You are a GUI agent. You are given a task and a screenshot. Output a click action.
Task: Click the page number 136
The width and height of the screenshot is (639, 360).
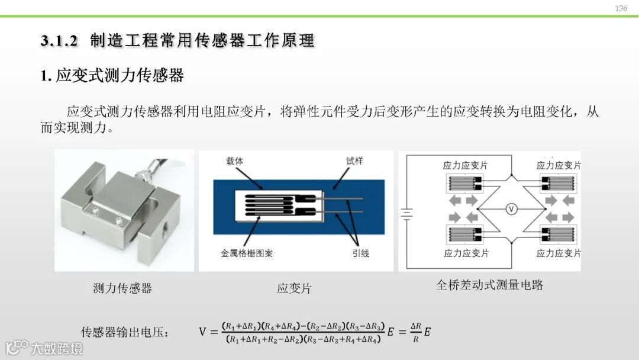pos(621,8)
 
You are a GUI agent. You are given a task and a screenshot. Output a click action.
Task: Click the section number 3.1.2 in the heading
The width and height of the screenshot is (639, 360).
pos(59,41)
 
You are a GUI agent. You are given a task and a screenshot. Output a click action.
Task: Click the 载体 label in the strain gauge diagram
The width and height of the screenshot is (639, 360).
pos(235,161)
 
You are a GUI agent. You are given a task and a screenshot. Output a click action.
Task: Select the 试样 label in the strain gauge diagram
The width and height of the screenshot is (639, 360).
pos(354,161)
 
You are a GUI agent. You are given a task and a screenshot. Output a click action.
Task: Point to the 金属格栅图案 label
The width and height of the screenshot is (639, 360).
pos(247,253)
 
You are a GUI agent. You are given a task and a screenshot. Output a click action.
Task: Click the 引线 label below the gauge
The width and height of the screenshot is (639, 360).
pos(361,253)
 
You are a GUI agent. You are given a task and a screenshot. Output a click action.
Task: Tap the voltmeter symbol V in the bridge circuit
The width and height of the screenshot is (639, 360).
pos(511,209)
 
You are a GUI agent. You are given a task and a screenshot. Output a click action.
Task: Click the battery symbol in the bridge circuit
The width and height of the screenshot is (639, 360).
pos(406,214)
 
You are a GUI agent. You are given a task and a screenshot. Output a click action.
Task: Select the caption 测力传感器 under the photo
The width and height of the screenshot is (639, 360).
pos(122,288)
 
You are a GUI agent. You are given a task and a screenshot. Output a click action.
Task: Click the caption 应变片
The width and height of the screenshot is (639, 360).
pos(294,288)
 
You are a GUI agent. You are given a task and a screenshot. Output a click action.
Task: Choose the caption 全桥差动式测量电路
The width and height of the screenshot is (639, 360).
pos(490,285)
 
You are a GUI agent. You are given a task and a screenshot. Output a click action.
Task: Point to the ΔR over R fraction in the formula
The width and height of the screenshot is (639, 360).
pos(416,332)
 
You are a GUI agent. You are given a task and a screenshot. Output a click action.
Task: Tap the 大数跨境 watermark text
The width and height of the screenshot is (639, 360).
pos(57,349)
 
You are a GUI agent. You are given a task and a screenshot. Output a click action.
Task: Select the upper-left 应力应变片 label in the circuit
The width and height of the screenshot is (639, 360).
pos(465,166)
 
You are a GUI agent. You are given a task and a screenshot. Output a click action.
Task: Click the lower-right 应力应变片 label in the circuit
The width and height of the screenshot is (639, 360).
pos(559,253)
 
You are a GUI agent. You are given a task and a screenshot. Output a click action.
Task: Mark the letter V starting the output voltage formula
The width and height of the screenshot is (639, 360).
pos(202,332)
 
